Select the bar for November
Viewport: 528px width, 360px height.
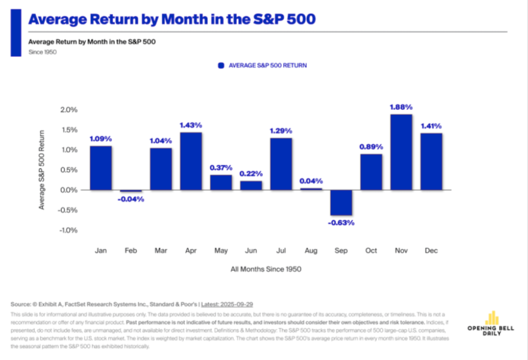402,152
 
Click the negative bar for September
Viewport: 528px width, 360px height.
341,202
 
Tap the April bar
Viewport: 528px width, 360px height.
191,161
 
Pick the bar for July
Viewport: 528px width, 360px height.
281,164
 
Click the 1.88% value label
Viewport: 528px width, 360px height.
402,107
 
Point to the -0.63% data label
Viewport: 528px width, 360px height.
341,222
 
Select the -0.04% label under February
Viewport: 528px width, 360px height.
131,199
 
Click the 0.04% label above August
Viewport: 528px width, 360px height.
311,181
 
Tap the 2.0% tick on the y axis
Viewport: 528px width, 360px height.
68,110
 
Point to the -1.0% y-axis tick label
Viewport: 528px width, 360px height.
68,230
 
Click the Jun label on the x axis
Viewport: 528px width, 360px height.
251,251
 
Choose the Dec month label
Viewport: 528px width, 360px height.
431,251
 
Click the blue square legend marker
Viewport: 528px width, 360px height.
220,65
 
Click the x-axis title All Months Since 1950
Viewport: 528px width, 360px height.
266,269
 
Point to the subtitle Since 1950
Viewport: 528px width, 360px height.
43,52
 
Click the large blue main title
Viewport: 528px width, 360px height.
172,19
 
